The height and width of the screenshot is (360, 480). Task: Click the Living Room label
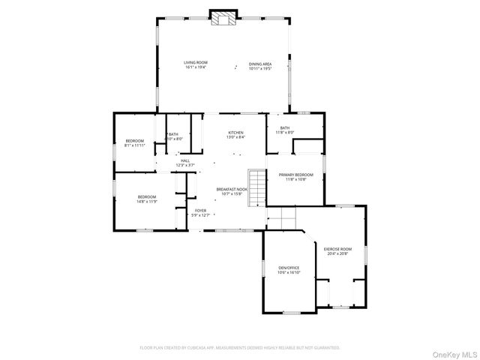point(196,62)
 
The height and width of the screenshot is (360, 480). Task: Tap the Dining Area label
point(259,64)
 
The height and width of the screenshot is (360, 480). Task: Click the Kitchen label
point(236,133)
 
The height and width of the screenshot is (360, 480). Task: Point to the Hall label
point(184,160)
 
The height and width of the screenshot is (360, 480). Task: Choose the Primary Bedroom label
point(298,175)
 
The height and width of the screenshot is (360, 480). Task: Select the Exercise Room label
point(337,249)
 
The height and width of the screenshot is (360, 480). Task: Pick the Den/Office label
point(289,268)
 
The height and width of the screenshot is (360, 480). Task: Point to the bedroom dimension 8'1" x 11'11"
point(134,145)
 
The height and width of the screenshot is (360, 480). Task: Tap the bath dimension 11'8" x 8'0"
point(284,133)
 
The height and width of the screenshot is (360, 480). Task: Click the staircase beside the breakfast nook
point(258,187)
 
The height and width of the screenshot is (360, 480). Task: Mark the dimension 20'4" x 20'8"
point(337,253)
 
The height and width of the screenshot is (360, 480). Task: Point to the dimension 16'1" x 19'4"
point(196,67)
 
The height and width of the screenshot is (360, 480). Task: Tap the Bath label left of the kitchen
point(174,134)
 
